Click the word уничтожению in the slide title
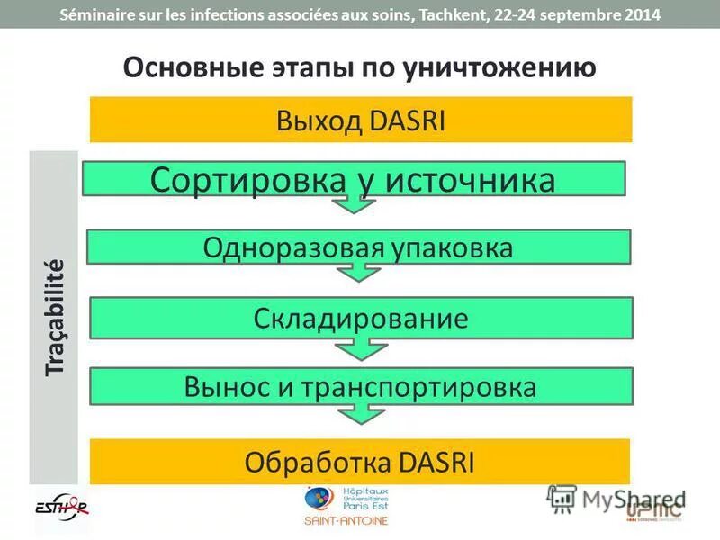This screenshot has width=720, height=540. coord(505,68)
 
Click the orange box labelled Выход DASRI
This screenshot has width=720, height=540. coord(360,120)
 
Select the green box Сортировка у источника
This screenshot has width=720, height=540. coord(353,179)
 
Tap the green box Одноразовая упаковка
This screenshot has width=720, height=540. coord(358,247)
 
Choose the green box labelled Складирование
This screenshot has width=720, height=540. coord(360,318)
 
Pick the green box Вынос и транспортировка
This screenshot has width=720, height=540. coord(360,386)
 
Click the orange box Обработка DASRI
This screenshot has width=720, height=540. coord(360,463)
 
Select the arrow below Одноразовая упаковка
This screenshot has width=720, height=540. coord(359,273)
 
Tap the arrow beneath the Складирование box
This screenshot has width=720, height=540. coord(359,345)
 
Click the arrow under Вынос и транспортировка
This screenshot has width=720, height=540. coord(359,413)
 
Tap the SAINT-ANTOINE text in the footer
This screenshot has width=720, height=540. coord(346,521)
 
